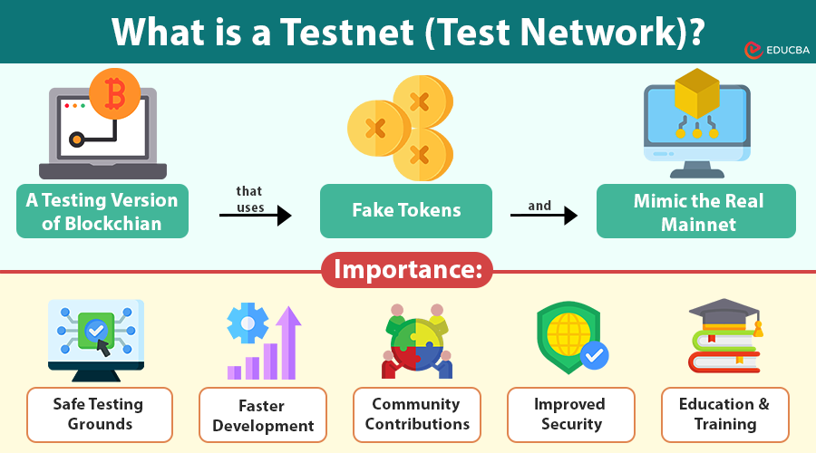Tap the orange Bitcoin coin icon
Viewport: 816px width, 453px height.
pos(115,92)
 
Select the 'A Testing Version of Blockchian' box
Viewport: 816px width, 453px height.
pos(102,211)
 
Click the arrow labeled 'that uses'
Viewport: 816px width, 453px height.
pos(255,215)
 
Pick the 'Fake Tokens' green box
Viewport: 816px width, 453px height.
pos(406,211)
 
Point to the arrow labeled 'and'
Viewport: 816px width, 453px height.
pos(543,215)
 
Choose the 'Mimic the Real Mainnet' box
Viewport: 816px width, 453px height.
pos(695,211)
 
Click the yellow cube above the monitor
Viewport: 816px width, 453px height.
pos(696,95)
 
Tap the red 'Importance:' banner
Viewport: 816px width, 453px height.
pos(407,270)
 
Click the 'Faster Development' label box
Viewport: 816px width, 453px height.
pos(263,415)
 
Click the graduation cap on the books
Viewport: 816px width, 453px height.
pos(723,314)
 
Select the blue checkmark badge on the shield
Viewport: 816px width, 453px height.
pos(594,355)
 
